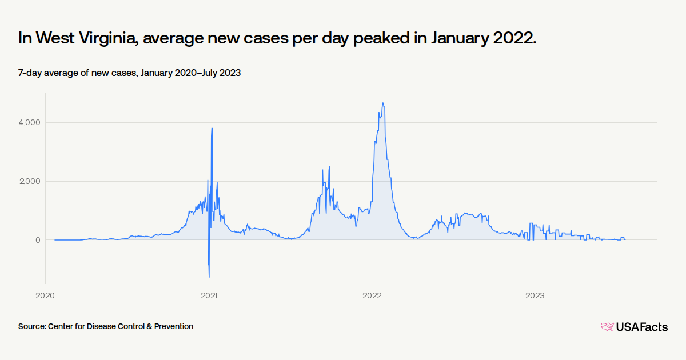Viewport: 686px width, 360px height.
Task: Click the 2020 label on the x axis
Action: click(x=45, y=295)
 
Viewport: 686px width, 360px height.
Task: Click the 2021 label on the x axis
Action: click(x=209, y=295)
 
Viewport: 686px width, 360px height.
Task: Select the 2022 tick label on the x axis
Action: click(x=372, y=295)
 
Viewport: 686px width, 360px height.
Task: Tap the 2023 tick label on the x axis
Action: click(x=535, y=295)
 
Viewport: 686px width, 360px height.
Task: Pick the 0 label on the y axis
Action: click(x=37, y=240)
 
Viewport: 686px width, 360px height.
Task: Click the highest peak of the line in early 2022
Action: click(x=382, y=103)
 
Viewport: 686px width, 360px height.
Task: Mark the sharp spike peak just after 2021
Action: click(x=212, y=128)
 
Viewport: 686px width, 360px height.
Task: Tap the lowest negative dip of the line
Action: click(x=209, y=277)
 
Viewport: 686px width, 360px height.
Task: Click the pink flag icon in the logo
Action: click(x=607, y=327)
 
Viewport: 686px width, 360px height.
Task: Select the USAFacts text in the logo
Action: click(x=641, y=327)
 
